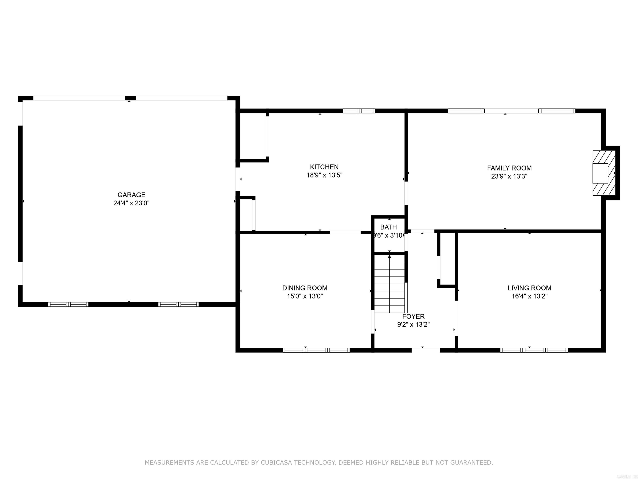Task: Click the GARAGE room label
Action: click(x=131, y=195)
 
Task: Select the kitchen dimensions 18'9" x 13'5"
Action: click(x=324, y=175)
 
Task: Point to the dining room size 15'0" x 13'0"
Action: click(x=305, y=296)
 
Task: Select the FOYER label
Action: click(x=413, y=316)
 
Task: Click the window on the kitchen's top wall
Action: click(x=359, y=111)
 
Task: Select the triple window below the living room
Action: click(x=534, y=350)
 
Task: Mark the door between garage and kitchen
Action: click(x=238, y=179)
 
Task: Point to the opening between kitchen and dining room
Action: click(x=345, y=232)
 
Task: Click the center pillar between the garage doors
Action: click(x=130, y=98)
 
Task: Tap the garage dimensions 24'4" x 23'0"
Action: click(x=131, y=203)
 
